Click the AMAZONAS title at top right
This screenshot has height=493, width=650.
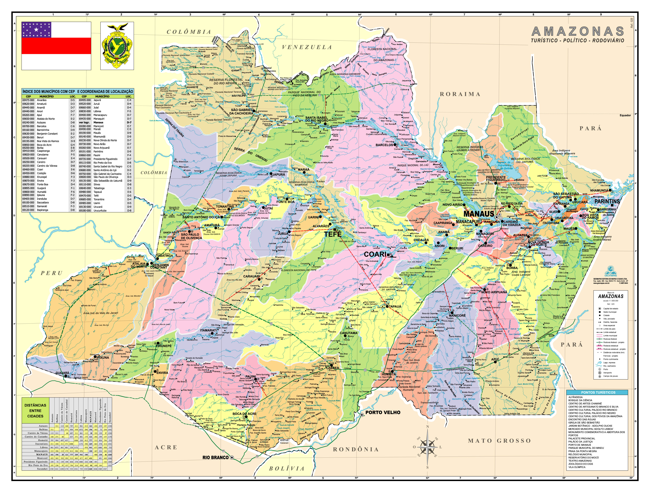pyautogui.click(x=578, y=31)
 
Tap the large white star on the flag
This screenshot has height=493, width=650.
pyautogui.click(x=36, y=29)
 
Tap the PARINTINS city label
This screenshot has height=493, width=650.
pyautogui.click(x=607, y=201)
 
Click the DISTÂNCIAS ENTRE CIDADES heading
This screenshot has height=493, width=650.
pyautogui.click(x=35, y=410)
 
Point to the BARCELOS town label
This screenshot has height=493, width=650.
pyautogui.click(x=384, y=145)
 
